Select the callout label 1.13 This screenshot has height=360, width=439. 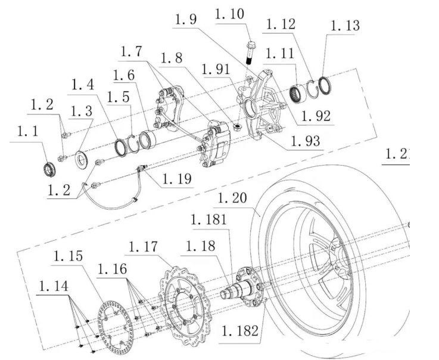click(345, 26)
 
